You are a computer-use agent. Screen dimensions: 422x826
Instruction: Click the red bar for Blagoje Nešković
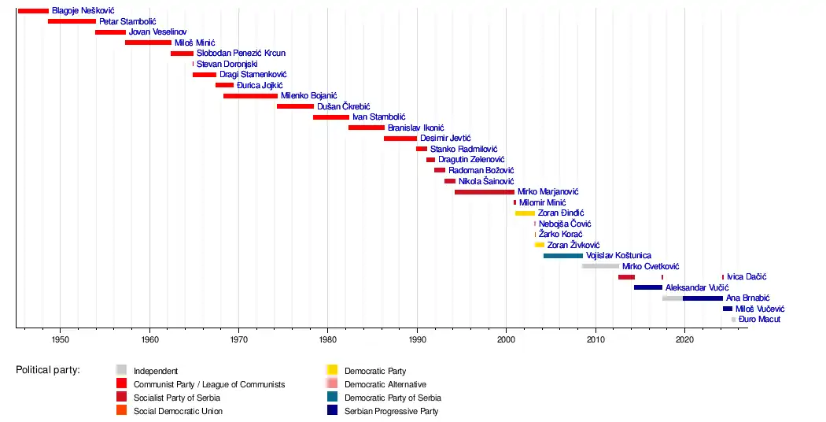[33, 11]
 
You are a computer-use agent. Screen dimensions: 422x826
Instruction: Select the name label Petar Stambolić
[127, 21]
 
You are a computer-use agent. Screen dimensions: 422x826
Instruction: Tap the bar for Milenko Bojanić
[250, 96]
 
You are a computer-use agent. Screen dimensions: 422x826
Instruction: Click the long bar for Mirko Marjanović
[484, 192]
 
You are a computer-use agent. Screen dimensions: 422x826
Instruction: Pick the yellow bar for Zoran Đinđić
[525, 213]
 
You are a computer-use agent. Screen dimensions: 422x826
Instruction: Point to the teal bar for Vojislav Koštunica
[562, 256]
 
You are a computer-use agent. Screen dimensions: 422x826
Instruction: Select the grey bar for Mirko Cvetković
[600, 266]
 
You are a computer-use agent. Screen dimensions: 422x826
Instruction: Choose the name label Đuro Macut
[760, 320]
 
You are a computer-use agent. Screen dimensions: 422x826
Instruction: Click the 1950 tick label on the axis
[61, 340]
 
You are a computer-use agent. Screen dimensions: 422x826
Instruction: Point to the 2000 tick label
[506, 340]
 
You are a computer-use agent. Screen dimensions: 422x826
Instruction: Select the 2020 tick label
[684, 340]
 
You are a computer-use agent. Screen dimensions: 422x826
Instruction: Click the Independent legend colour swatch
[121, 370]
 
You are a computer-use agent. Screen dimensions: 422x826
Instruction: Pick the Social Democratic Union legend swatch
[121, 411]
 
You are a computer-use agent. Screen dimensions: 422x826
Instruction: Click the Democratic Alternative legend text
[386, 384]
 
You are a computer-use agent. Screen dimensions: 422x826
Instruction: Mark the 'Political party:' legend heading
[48, 370]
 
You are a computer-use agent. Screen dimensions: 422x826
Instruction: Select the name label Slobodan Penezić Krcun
[241, 54]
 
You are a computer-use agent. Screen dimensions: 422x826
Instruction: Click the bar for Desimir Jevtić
[400, 139]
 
